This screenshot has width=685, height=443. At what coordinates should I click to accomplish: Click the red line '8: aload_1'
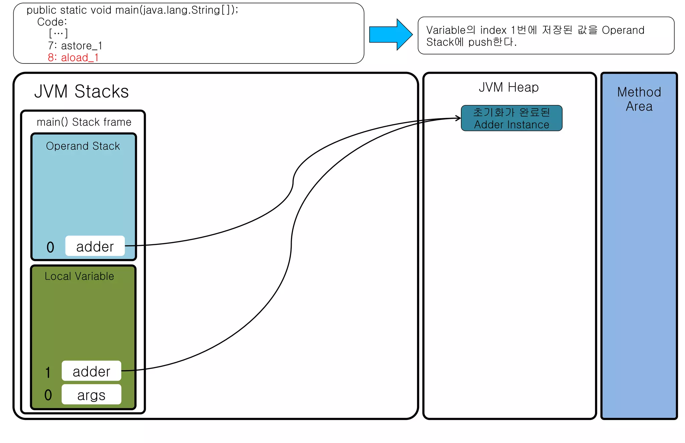pos(73,57)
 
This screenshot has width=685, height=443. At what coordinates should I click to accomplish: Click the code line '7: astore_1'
pos(75,45)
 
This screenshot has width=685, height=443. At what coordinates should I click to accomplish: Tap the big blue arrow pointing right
pos(390,35)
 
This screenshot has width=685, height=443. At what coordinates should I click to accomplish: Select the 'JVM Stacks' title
pos(81,91)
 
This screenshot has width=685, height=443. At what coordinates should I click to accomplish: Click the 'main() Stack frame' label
pos(84,122)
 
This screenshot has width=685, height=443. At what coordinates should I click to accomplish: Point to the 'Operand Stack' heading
pos(83,146)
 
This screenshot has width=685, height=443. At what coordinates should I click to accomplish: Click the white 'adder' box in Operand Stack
pos(95,246)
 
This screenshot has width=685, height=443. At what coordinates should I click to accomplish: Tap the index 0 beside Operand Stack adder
pos(50,248)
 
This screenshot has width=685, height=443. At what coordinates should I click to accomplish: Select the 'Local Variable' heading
pos(79,276)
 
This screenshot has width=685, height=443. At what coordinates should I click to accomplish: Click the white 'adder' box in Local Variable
pos(91,371)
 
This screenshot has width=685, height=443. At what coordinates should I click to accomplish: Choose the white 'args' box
pos(91,395)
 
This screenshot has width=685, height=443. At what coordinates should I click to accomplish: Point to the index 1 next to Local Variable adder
pos(48,372)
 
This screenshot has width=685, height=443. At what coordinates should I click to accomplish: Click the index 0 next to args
pos(48,395)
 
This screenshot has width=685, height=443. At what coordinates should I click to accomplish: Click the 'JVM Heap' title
pos(509,87)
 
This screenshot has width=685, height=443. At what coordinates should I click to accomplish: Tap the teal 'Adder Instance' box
pos(511,118)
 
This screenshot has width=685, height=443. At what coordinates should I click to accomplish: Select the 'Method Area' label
pos(639,99)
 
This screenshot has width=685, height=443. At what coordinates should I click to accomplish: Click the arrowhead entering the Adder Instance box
pos(459,118)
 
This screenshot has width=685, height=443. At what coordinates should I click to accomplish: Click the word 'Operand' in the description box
pos(623,30)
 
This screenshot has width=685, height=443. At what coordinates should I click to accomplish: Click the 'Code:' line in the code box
pos(52,22)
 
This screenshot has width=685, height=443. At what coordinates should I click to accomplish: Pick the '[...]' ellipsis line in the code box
pos(58,33)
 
